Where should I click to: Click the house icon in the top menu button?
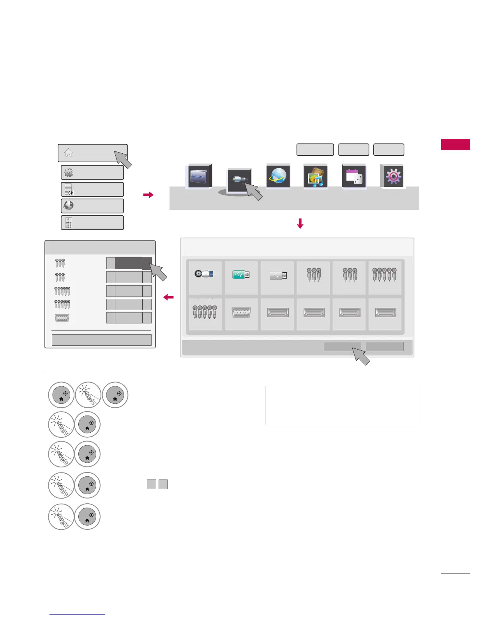coord(69,153)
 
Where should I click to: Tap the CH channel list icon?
coord(69,189)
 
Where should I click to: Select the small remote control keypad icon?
coord(69,222)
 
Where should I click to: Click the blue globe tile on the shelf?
coord(278,176)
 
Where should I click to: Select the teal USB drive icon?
coord(241,275)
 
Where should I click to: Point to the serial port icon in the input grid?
coord(241,313)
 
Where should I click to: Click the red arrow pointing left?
coord(168,297)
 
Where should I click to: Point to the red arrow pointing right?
coord(148,195)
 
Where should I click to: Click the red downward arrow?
coord(300,224)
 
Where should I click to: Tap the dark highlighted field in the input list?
coord(128,263)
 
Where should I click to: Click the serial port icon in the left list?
coord(62,318)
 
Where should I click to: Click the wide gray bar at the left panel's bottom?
coord(101,340)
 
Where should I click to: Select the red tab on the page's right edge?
coord(455,144)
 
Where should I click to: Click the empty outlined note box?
coord(342,405)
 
